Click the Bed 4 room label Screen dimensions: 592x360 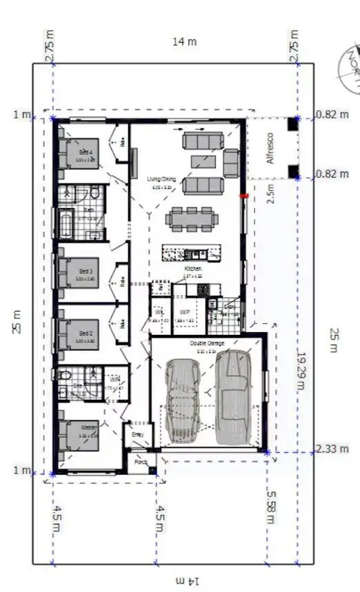point(86,152)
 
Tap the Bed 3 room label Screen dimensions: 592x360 point(86,272)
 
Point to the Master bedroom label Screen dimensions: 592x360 point(86,427)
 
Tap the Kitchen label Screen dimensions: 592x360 point(192,268)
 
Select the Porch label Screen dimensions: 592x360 point(141,462)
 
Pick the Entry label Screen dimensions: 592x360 point(137,435)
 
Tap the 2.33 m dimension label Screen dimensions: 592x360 point(329,449)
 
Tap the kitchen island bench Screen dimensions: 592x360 point(191,253)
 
